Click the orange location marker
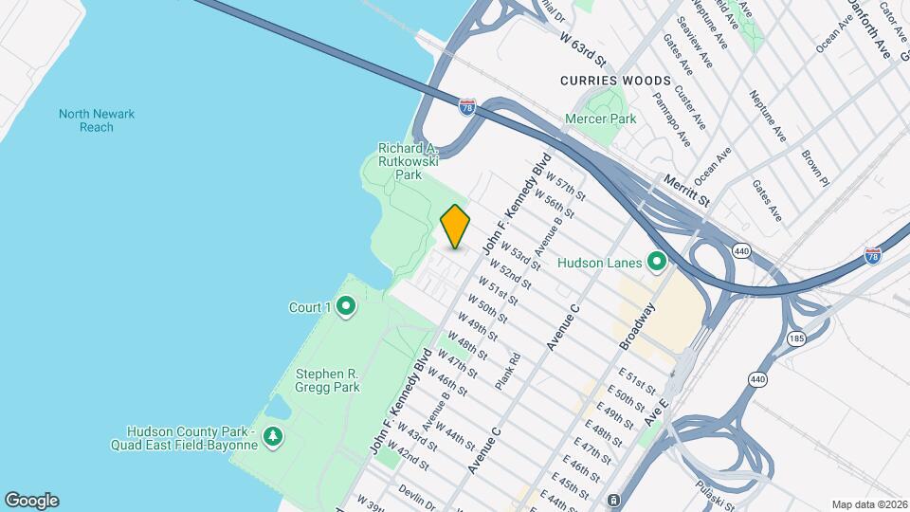[x=455, y=227]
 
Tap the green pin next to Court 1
[x=346, y=306]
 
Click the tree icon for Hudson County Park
[x=274, y=435]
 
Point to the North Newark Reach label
[x=97, y=120]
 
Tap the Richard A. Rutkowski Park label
[x=408, y=161]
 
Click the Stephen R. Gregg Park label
[x=314, y=380]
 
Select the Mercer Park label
[x=600, y=119]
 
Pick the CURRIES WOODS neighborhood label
[x=628, y=81]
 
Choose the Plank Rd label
[x=508, y=372]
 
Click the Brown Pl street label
[x=814, y=167]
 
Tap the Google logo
[x=31, y=501]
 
